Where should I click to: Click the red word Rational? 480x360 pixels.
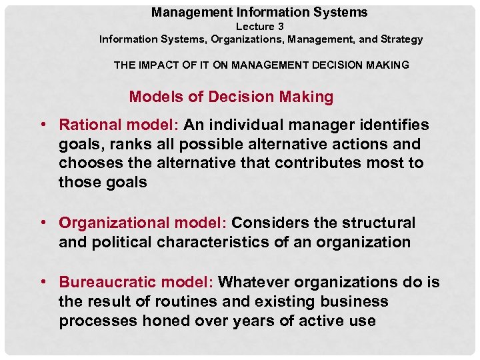click(90, 125)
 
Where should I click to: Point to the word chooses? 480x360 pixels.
click(87, 163)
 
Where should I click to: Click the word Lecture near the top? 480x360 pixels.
click(255, 27)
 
